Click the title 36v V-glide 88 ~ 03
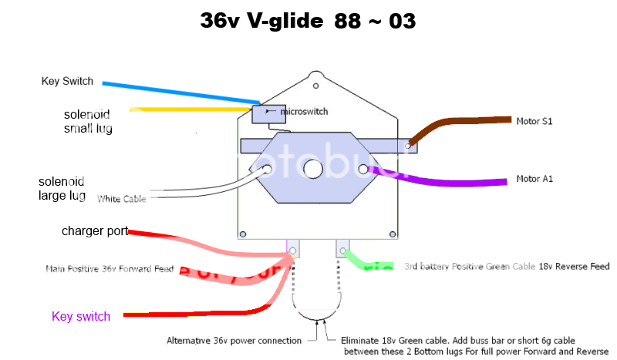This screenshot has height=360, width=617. coord(308,21)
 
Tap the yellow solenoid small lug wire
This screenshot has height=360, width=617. coord(193,110)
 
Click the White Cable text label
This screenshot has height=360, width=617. coord(122,199)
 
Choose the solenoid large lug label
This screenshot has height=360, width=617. coord(62,189)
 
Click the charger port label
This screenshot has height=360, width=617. coord(94,231)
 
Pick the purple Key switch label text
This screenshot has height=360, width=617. coord(81,316)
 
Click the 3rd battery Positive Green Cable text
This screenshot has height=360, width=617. coord(506,267)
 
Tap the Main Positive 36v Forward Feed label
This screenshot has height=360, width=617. coord(110,269)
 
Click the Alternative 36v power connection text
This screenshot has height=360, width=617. coord(235,340)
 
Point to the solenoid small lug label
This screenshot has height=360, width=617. coord(88,122)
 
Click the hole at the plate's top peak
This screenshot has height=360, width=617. coord(314,76)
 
